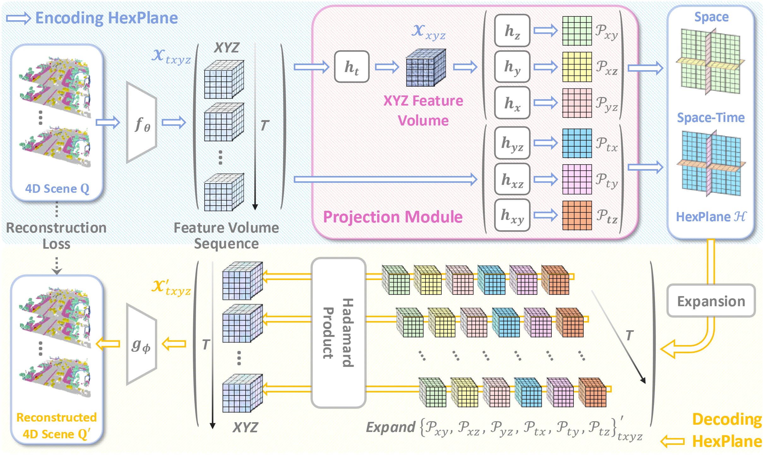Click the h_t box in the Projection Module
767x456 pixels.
point(352,67)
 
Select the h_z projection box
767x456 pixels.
point(512,31)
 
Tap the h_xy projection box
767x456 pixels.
point(512,215)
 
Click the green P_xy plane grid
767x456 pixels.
point(577,31)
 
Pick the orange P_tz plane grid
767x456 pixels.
point(577,215)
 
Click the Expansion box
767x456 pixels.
point(711,301)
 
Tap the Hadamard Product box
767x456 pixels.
point(338,332)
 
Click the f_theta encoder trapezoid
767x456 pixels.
point(141,123)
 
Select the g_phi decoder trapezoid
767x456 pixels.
point(141,344)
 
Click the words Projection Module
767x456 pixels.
point(393,217)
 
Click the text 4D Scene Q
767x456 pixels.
point(57,189)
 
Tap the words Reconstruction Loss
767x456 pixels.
point(56,235)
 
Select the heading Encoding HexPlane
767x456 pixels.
point(106,18)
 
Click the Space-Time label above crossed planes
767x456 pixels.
point(711,118)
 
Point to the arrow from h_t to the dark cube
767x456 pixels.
point(387,67)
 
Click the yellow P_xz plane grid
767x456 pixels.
point(577,67)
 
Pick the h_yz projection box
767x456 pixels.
point(512,143)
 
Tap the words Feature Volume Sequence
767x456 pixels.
point(226,235)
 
